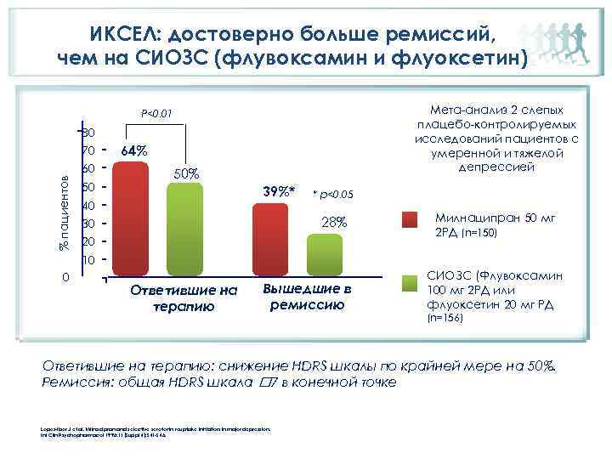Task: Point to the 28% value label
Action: [333, 222]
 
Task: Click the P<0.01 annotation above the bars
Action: [156, 112]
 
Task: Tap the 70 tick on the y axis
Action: [88, 150]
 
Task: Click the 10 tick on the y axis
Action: [88, 259]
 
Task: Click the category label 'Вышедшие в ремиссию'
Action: [308, 297]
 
